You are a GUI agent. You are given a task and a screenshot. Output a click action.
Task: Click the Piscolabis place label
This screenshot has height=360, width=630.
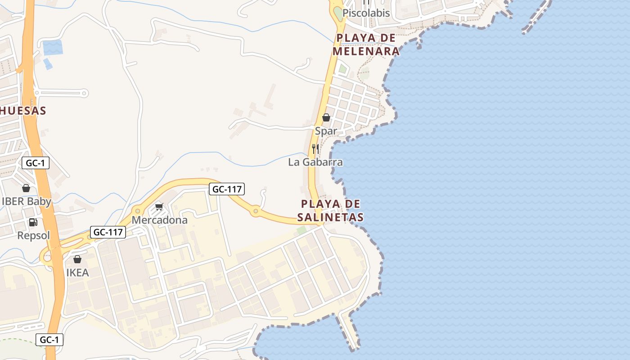366,13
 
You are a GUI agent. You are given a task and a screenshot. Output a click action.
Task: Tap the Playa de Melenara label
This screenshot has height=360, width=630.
366,45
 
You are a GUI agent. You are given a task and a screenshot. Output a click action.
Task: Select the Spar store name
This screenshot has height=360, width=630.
326,131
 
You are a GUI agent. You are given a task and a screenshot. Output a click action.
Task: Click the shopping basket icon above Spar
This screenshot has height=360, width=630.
326,117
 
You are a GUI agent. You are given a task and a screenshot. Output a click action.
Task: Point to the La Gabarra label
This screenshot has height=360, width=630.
315,162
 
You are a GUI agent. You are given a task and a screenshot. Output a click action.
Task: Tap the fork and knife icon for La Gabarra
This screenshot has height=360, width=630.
315,148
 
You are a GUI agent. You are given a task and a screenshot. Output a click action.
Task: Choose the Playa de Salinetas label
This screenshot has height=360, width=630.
330,211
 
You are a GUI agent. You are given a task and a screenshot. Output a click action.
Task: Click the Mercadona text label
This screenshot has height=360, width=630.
159,220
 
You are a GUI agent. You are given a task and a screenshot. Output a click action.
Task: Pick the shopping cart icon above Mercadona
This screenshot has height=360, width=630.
159,207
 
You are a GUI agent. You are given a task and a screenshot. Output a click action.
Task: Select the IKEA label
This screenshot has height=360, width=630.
77,273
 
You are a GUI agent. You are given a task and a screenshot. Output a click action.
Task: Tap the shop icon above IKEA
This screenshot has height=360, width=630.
77,259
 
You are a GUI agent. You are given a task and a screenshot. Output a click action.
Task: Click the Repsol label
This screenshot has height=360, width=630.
33,235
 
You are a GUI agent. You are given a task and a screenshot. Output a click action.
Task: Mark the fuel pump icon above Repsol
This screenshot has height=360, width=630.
33,222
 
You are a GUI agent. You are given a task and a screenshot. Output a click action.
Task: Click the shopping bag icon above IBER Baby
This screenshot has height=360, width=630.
26,188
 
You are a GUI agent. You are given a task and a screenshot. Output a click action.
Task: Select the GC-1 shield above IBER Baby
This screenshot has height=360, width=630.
35,163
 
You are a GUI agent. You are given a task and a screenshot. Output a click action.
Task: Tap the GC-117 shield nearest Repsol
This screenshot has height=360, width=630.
108,232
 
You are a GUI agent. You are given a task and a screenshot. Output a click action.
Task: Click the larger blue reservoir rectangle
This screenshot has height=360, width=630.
52,47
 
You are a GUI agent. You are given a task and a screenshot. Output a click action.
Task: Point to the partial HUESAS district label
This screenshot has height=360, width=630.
22,111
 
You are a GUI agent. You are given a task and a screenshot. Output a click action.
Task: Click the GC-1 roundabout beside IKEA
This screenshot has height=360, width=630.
47,257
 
